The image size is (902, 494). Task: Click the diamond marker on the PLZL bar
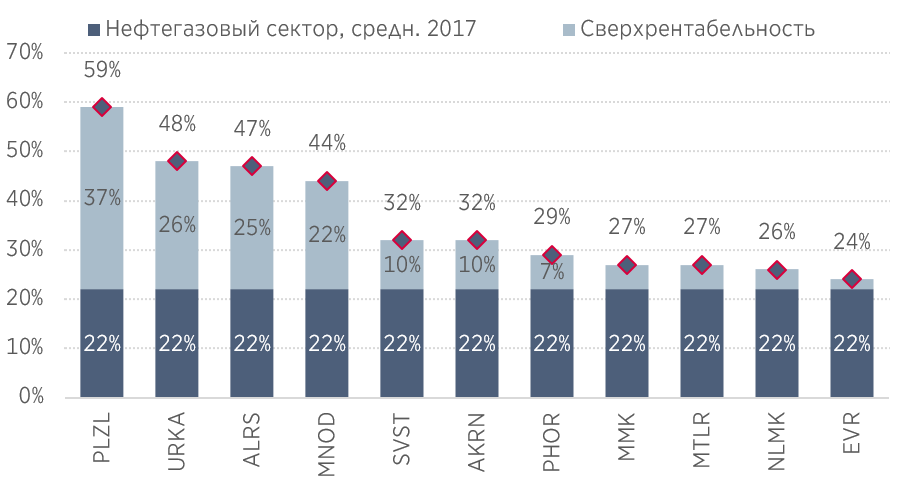click(101, 107)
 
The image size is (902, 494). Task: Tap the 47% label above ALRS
click(251, 129)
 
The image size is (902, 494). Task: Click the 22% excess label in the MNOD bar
click(326, 235)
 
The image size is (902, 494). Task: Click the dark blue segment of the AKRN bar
click(477, 343)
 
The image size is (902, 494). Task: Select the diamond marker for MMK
click(627, 265)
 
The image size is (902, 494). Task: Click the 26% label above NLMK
click(777, 232)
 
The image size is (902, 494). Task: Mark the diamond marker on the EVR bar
click(852, 279)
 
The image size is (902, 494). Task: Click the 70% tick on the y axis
click(24, 52)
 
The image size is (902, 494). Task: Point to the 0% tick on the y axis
click(30, 397)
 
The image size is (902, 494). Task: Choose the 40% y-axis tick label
click(24, 200)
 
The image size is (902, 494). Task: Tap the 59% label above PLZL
click(101, 70)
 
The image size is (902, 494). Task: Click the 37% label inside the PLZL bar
click(101, 198)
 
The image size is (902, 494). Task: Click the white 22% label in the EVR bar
click(852, 344)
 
